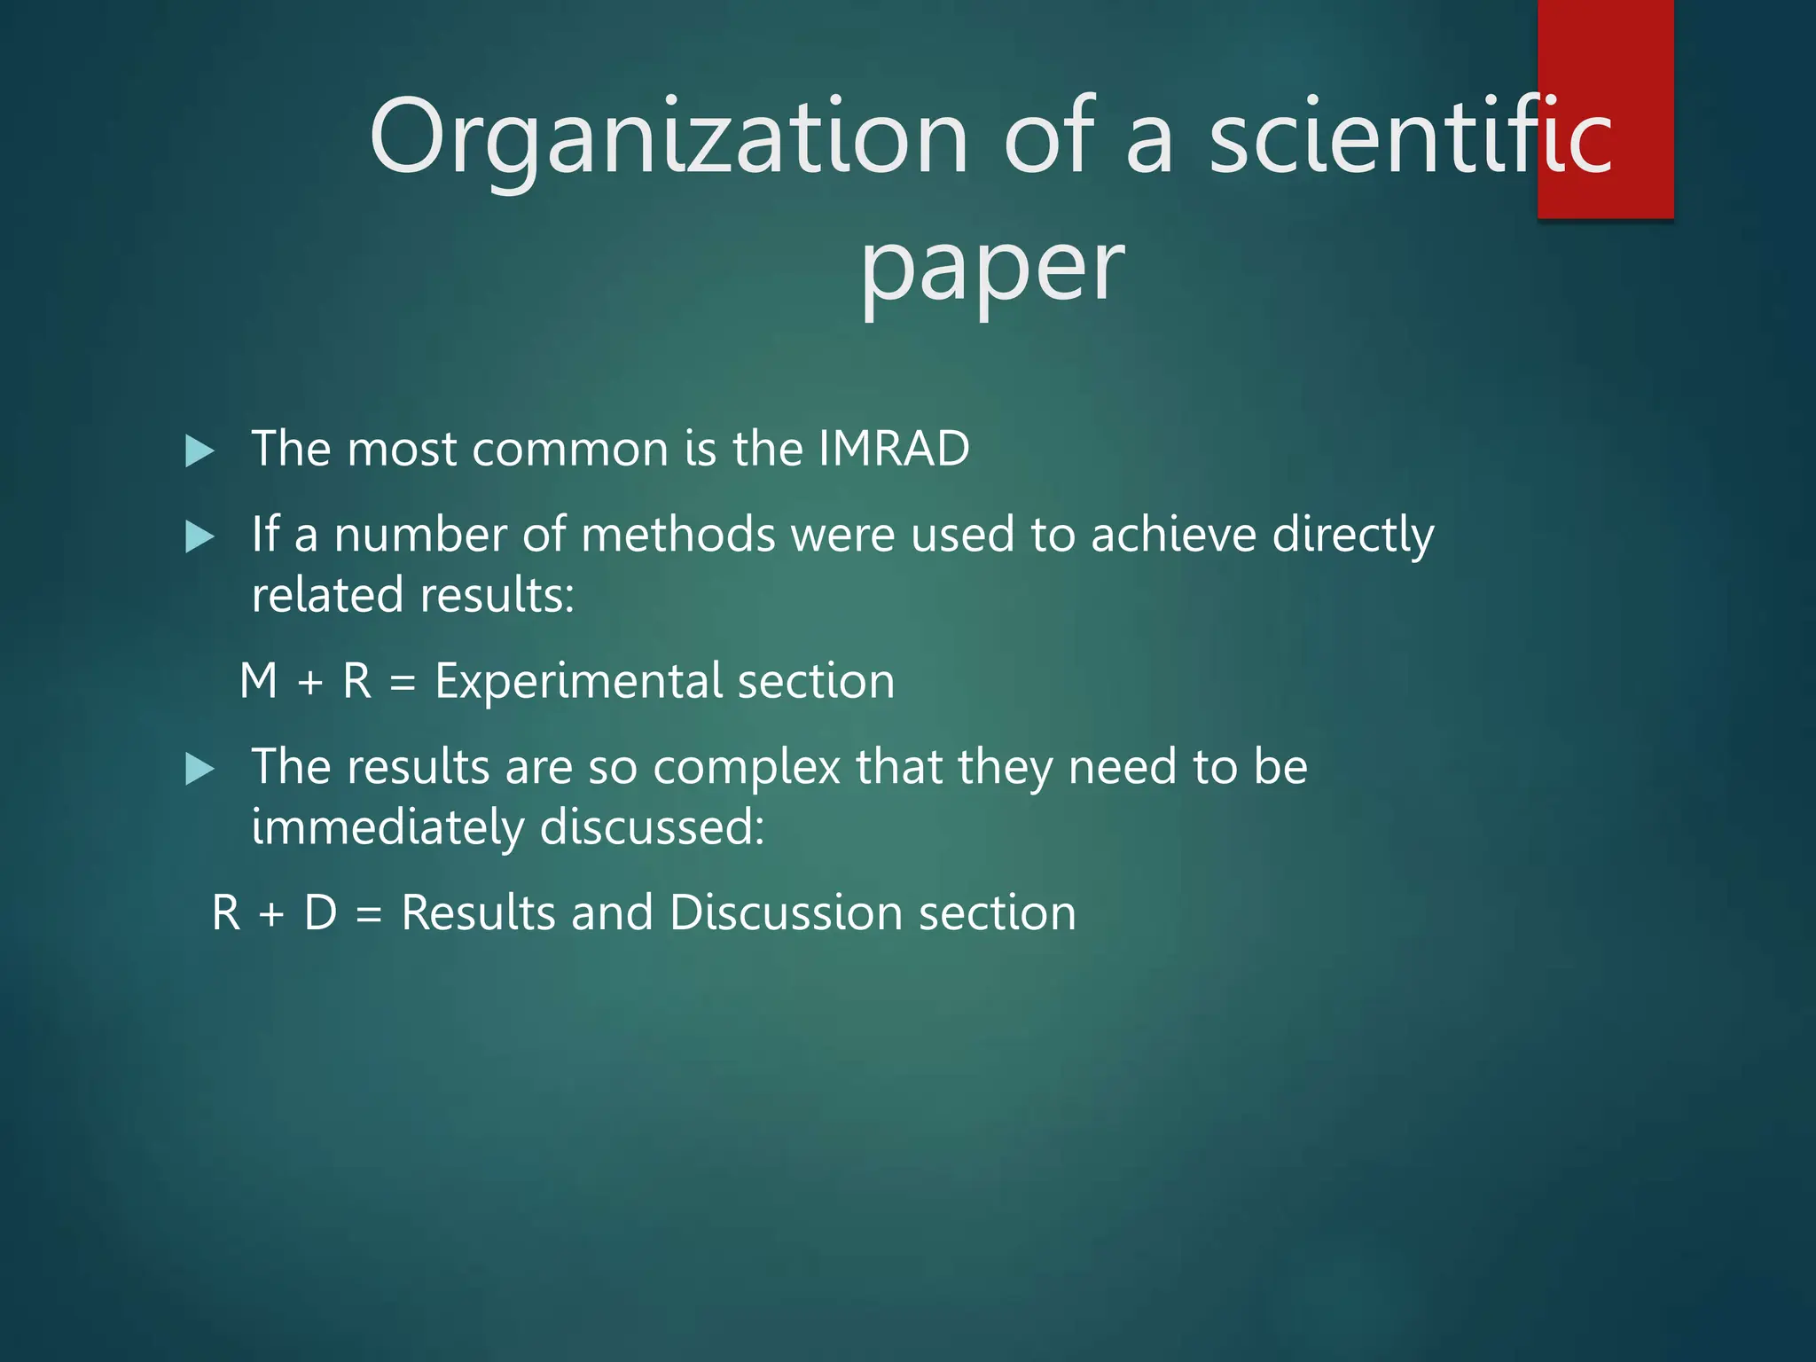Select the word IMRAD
click(x=894, y=449)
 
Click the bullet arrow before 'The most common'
click(x=200, y=451)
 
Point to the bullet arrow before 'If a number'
click(x=200, y=537)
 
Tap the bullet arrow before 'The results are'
click(x=200, y=769)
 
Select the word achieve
click(x=1174, y=536)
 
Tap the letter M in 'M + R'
click(x=259, y=682)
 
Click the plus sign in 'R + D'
click(x=271, y=914)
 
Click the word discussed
click(x=652, y=827)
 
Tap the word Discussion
click(x=786, y=913)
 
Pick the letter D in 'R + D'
click(x=320, y=913)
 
